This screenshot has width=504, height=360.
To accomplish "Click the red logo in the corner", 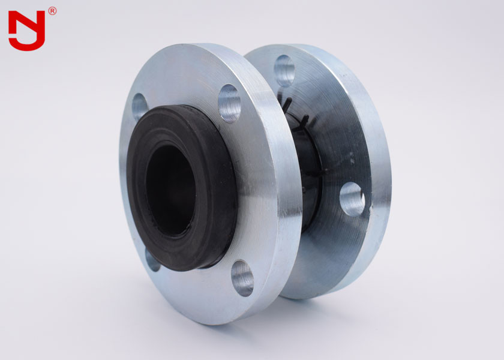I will point(27,30).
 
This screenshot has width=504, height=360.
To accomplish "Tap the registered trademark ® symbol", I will point(52,11).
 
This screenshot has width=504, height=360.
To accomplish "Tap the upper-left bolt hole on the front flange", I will point(139,106).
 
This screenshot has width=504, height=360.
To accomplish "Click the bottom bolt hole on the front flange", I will point(242,278).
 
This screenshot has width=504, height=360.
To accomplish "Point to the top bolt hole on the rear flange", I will point(284,70).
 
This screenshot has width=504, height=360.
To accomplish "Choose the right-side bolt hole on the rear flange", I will point(352,199).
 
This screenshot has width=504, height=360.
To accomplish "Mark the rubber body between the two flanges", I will point(309,174).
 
